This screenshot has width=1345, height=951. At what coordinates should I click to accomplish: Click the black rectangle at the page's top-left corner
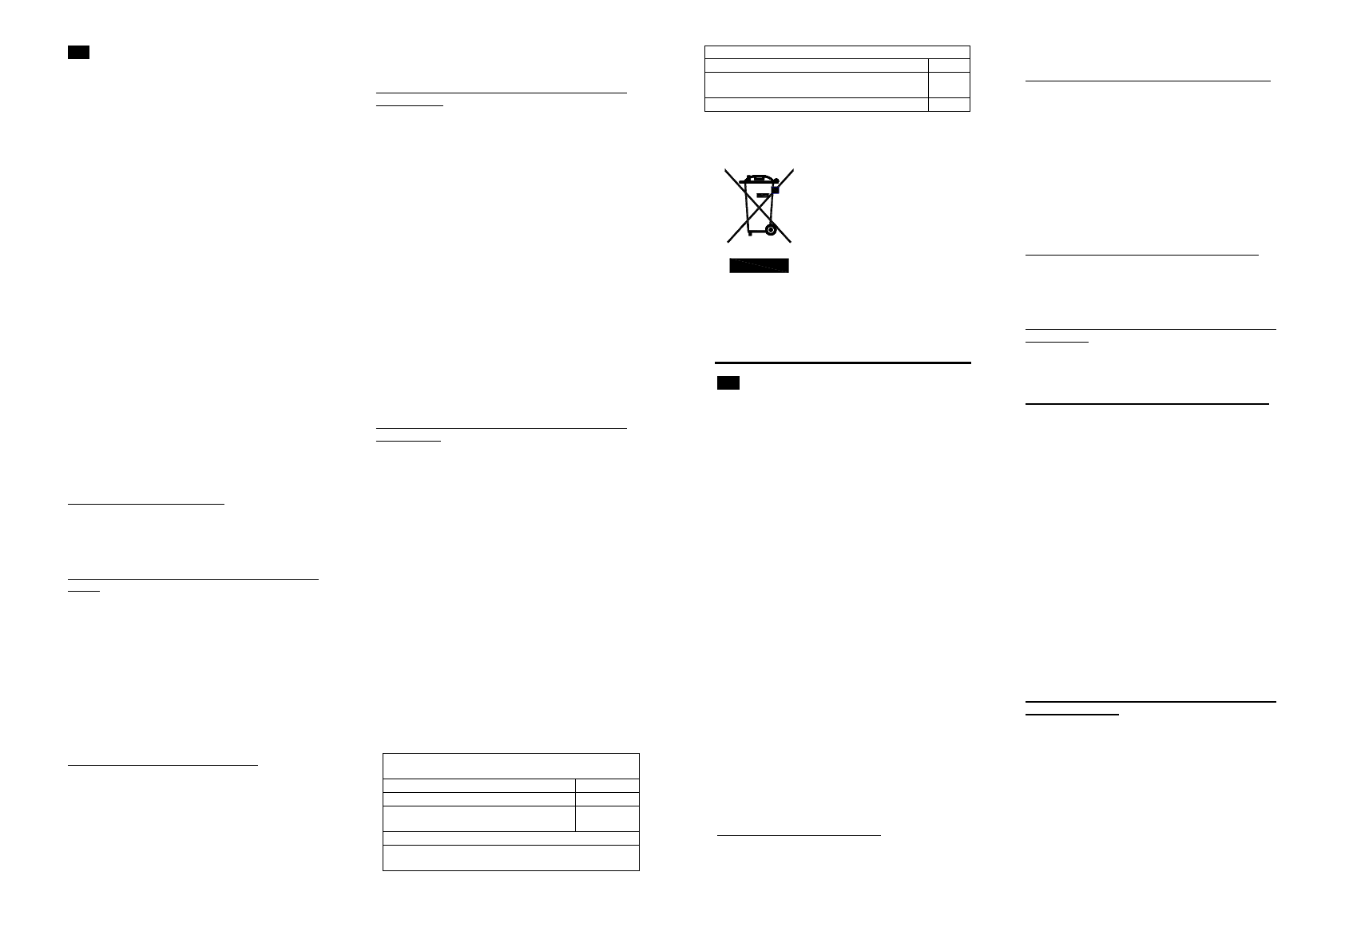77,53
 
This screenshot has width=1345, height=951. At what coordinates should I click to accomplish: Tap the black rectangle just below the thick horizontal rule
728,382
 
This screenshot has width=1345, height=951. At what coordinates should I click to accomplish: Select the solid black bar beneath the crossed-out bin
759,266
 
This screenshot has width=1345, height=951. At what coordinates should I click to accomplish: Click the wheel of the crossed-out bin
770,230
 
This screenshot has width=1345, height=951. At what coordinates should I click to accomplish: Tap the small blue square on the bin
775,190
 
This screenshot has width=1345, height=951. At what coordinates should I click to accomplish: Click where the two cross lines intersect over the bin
759,205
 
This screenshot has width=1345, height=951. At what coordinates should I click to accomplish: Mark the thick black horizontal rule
843,363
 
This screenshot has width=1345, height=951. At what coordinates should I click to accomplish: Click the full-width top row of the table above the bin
837,52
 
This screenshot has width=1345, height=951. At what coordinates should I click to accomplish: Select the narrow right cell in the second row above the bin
949,65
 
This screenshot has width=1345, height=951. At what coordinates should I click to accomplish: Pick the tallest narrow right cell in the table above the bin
949,85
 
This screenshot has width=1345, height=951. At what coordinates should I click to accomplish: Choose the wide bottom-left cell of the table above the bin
816,104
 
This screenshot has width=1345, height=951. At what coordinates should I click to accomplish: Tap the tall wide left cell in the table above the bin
816,85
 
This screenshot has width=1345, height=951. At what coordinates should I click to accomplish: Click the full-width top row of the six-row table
511,765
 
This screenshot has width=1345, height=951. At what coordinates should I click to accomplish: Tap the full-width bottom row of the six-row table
511,858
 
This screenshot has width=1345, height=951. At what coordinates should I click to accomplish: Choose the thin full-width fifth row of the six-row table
511,838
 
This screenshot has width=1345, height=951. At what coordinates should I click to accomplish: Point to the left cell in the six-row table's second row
479,785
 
